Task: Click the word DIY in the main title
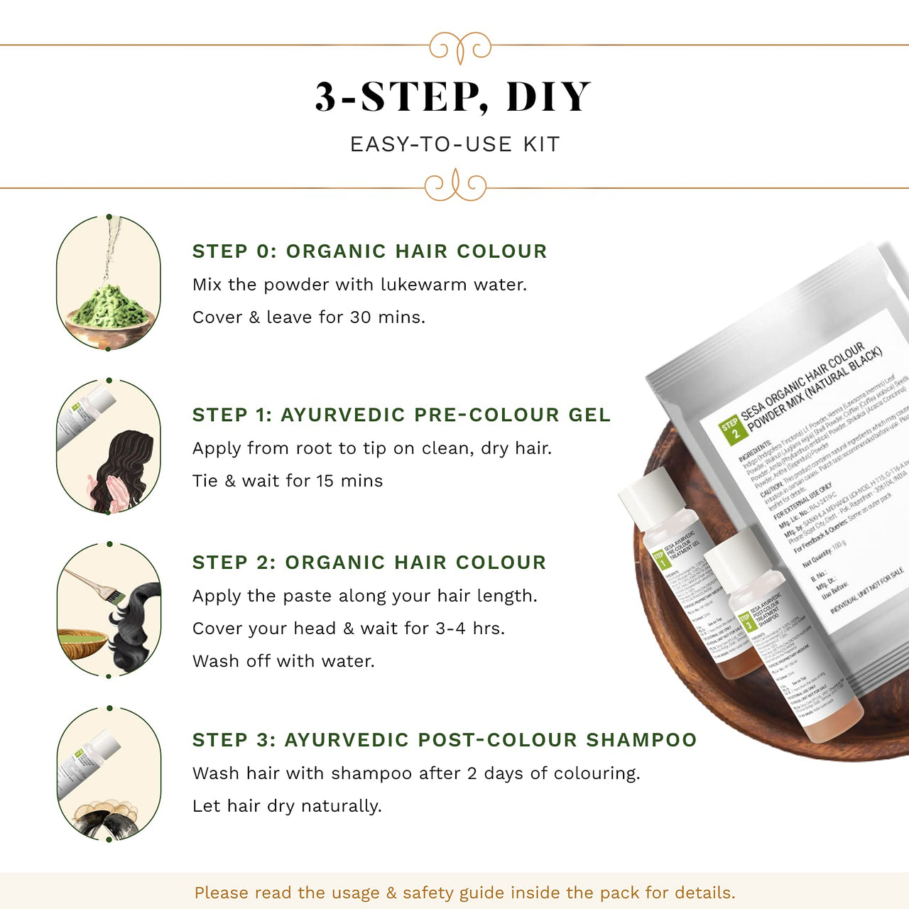[548, 97]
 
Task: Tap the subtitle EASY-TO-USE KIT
[454, 144]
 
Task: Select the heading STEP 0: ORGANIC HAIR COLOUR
[369, 251]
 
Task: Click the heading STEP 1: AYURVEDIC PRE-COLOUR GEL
[401, 415]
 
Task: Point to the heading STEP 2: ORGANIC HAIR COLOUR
[369, 562]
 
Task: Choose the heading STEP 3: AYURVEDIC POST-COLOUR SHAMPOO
[445, 740]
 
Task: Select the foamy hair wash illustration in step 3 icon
[107, 817]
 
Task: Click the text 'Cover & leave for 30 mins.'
[309, 317]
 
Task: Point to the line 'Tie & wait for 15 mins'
[288, 481]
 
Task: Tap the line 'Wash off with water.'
[283, 661]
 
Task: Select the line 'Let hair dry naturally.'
[287, 806]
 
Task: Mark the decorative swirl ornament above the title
[460, 47]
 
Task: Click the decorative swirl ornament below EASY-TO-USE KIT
[455, 186]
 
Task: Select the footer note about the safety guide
[464, 893]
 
